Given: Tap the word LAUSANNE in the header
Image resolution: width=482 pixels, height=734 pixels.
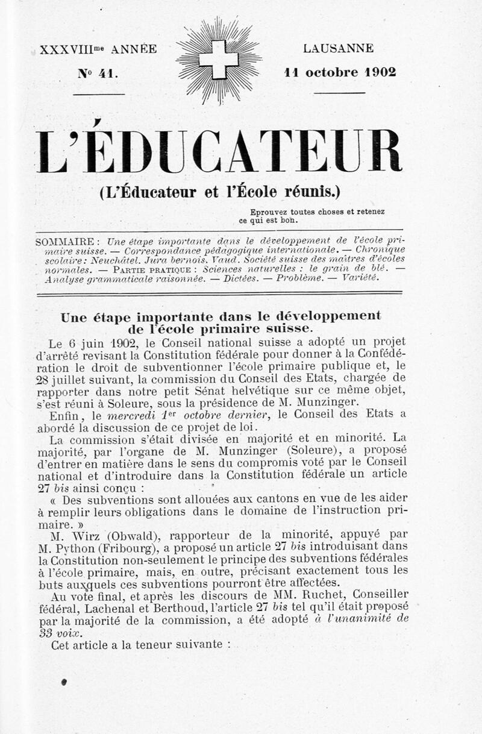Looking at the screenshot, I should click(338, 49).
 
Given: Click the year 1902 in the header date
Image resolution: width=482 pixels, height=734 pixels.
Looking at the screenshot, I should click(380, 73).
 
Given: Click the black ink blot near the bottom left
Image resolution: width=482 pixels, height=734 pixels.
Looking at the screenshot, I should click(63, 682).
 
